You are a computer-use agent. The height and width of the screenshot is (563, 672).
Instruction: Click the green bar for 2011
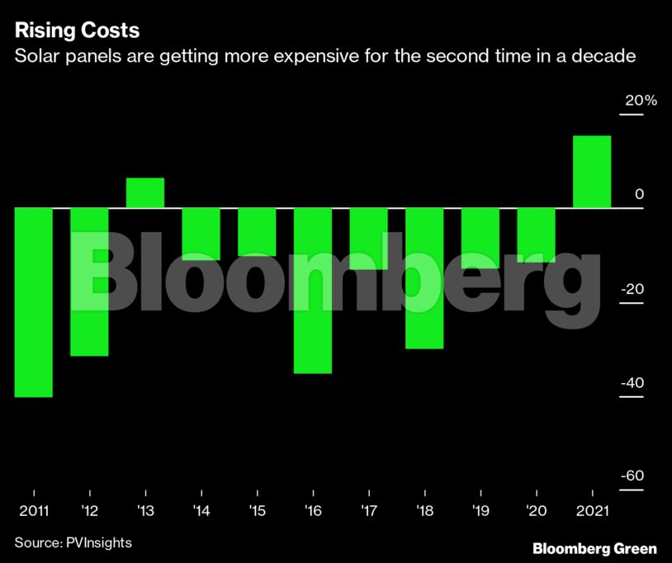pyautogui.click(x=34, y=302)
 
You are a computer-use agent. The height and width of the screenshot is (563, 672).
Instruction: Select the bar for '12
pyautogui.click(x=89, y=281)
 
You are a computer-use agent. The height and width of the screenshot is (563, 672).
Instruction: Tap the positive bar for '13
pyautogui.click(x=145, y=192)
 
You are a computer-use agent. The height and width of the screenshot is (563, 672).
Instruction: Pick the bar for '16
pyautogui.click(x=313, y=290)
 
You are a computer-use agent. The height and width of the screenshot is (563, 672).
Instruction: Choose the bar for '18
pyautogui.click(x=424, y=277)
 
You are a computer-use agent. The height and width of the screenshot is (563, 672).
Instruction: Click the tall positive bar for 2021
pyautogui.click(x=592, y=172)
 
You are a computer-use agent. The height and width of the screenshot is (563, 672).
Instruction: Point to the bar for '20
pyautogui.click(x=536, y=234)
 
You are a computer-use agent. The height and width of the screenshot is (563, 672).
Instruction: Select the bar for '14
pyautogui.click(x=201, y=234)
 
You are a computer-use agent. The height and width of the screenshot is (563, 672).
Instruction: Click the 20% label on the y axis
pyautogui.click(x=641, y=101)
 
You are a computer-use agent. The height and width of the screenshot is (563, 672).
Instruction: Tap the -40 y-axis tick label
pyautogui.click(x=632, y=384)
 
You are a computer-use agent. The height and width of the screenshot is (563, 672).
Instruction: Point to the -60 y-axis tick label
pyautogui.click(x=632, y=477)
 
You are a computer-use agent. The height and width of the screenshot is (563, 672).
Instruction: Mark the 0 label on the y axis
pyautogui.click(x=638, y=195)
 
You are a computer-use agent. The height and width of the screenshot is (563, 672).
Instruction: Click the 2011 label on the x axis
pyautogui.click(x=34, y=512)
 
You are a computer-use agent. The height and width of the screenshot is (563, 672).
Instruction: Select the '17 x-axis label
pyautogui.click(x=367, y=512)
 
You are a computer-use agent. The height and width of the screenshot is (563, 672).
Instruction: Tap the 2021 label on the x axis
pyautogui.click(x=592, y=512)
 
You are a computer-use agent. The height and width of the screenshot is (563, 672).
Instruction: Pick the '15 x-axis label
pyautogui.click(x=257, y=512)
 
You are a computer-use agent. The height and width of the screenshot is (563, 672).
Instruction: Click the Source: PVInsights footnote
pyautogui.click(x=73, y=542)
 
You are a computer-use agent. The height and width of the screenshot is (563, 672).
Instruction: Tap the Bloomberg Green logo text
pyautogui.click(x=594, y=548)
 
